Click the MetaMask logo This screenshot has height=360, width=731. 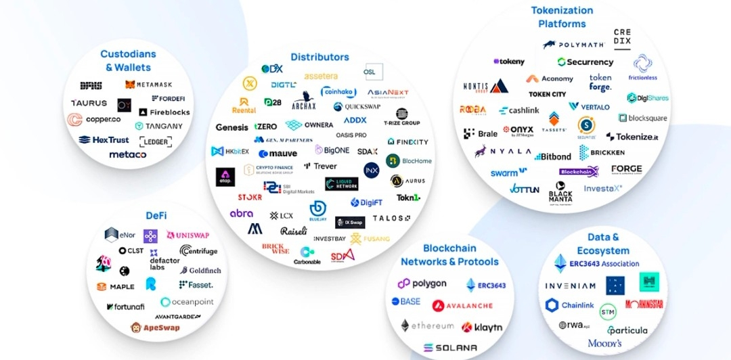click(148, 85)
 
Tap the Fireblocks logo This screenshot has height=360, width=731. click(164, 112)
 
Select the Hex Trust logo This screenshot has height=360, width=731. click(104, 140)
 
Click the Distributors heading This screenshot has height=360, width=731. click(319, 57)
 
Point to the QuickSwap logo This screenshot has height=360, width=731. click(357, 107)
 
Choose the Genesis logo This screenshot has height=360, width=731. click(231, 127)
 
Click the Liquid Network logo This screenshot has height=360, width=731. click(341, 183)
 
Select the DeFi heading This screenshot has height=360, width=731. click(156, 215)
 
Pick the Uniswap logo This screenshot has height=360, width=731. click(187, 235)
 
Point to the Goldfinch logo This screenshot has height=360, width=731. click(200, 270)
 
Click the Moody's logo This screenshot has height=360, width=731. click(604, 344)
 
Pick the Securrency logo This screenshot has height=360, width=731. click(585, 62)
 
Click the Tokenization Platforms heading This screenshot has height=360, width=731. click(562, 17)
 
